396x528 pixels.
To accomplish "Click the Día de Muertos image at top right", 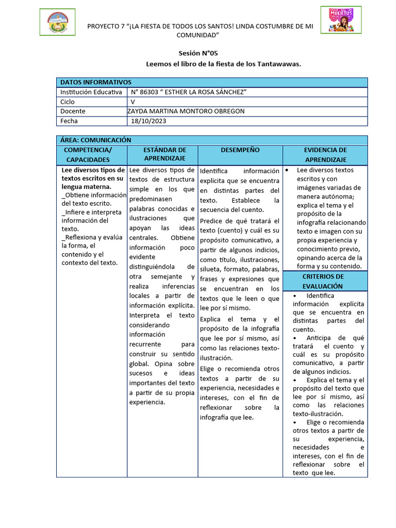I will tap(341, 20).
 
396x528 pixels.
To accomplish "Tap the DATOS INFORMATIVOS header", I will tap(96, 82).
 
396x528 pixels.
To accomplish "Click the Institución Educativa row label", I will tap(91, 92).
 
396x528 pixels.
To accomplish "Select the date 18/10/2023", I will tap(149, 121).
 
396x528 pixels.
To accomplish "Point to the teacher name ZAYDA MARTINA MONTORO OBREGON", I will tap(186, 111).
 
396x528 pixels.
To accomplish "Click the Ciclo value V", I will tap(133, 102).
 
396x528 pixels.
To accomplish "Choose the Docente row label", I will tap(73, 111).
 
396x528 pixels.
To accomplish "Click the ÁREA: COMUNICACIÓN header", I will tap(96, 140).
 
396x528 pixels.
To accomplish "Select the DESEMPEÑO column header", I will tap(240, 150).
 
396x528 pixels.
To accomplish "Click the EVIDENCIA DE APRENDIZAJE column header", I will tap(325, 155).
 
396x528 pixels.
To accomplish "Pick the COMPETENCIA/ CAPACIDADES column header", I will tap(91, 155).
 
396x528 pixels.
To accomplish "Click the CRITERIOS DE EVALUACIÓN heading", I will tap(323, 281).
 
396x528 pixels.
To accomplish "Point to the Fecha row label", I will tap(70, 121).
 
